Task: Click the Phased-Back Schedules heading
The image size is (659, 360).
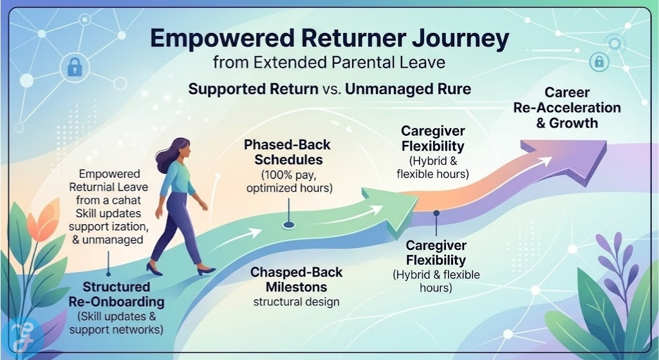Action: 288,153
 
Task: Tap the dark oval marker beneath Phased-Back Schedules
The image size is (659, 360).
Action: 288,225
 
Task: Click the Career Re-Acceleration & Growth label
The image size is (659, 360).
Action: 567,108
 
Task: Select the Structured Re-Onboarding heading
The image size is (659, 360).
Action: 116,294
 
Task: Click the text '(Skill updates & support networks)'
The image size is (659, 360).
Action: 116,323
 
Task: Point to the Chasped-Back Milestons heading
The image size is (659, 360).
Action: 297,279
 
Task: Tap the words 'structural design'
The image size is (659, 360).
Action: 297,301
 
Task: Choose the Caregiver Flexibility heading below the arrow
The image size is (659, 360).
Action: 436,253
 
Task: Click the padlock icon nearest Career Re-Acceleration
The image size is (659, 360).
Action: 599,62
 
